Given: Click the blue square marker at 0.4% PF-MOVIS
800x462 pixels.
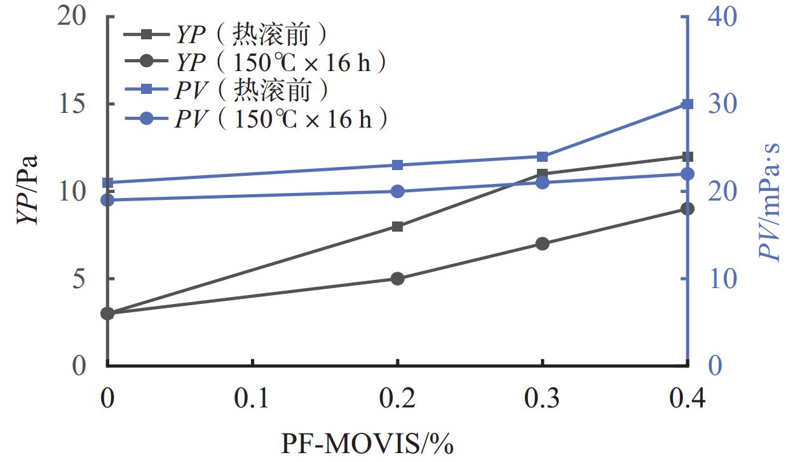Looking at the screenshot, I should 688,104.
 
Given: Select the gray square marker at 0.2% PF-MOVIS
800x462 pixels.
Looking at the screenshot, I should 398,227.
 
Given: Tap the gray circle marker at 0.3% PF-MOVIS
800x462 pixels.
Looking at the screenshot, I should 542,244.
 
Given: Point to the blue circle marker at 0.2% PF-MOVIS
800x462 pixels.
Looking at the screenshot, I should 398,192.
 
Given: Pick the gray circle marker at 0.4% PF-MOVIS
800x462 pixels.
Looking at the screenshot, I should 688,209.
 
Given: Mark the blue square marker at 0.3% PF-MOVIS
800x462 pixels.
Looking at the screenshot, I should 542,157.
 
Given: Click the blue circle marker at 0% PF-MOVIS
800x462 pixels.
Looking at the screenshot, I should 107,201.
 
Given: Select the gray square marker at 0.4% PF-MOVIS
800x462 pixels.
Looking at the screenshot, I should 688,157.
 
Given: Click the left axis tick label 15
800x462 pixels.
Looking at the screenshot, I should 73,104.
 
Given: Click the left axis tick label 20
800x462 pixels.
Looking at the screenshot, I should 73,17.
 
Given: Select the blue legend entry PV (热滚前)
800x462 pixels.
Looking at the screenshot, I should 251,91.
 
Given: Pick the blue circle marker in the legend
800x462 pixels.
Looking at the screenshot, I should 146,119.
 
